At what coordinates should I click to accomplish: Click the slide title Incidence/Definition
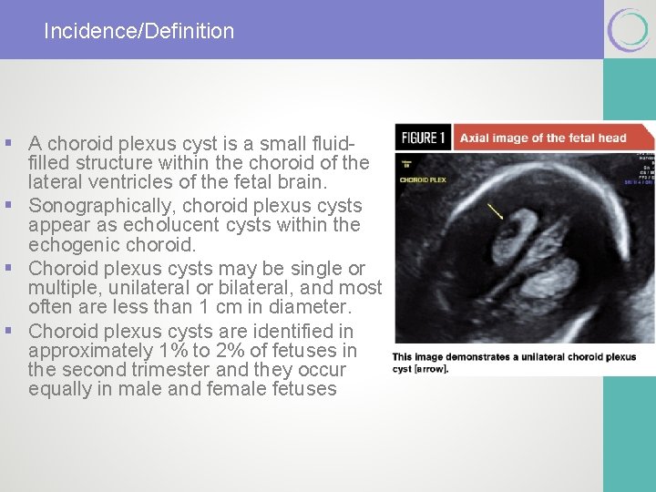[138, 31]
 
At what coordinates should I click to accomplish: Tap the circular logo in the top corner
[629, 30]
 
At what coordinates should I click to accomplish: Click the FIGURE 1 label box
[423, 138]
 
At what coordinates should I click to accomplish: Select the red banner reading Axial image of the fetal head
[543, 138]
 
